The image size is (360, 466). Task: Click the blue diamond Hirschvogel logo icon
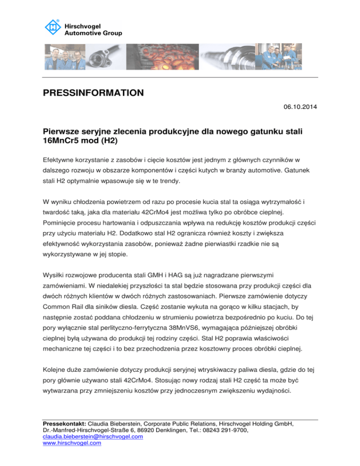[52, 28]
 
